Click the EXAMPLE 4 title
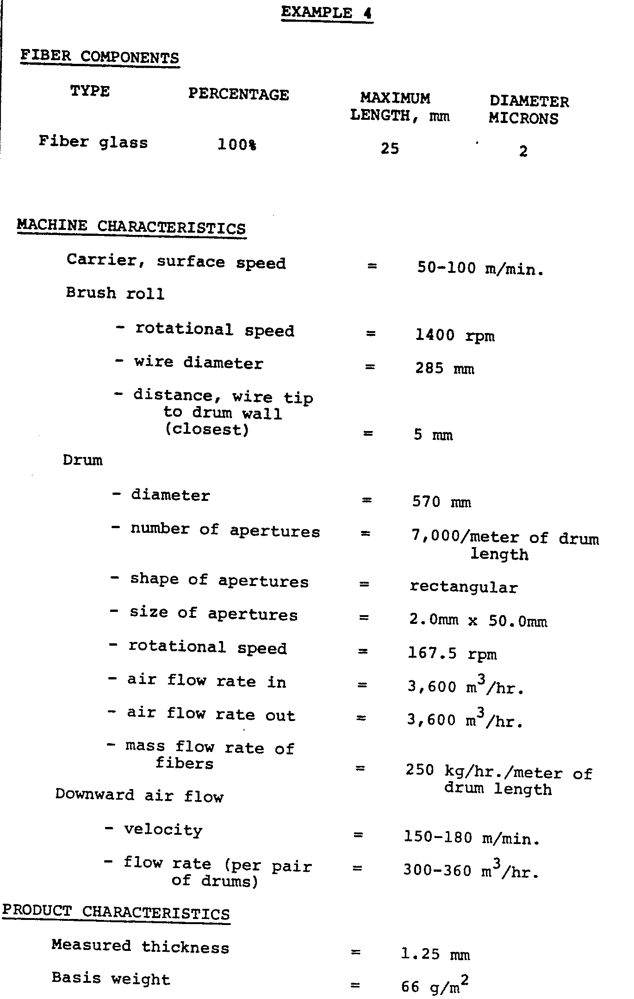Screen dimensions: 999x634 pyautogui.click(x=326, y=12)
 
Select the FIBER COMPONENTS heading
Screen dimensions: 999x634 pyautogui.click(x=99, y=57)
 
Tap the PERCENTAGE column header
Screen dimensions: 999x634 pyautogui.click(x=238, y=94)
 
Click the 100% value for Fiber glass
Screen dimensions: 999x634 pyautogui.click(x=237, y=145)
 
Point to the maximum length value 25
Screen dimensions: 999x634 pyautogui.click(x=390, y=148)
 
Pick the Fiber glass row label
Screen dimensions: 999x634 pyautogui.click(x=93, y=142)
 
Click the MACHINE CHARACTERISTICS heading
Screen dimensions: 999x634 pyautogui.click(x=131, y=227)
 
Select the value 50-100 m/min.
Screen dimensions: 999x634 pyautogui.click(x=480, y=268)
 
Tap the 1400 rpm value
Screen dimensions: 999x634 pyautogui.click(x=455, y=335)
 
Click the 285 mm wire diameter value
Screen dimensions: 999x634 pyautogui.click(x=445, y=369)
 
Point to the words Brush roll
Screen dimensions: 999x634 pyautogui.click(x=115, y=293)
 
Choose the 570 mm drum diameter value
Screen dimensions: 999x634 pyautogui.click(x=441, y=502)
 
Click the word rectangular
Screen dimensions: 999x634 pyautogui.click(x=464, y=587)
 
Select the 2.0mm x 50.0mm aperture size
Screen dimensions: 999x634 pyautogui.click(x=478, y=620)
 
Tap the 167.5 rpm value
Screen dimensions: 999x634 pyautogui.click(x=452, y=654)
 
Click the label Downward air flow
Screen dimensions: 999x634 pyautogui.click(x=139, y=795)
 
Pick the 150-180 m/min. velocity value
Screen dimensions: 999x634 pyautogui.click(x=472, y=838)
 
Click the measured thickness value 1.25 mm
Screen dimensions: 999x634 pyautogui.click(x=435, y=955)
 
